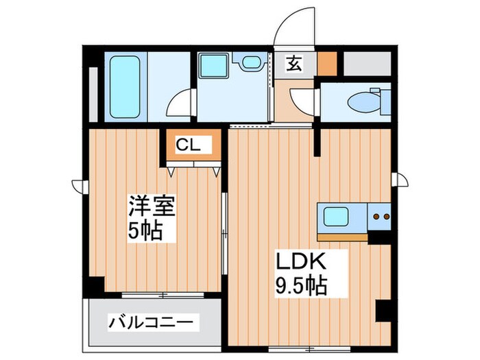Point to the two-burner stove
pyautogui.click(x=381, y=218)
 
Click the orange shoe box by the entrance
pyautogui.click(x=329, y=63)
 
